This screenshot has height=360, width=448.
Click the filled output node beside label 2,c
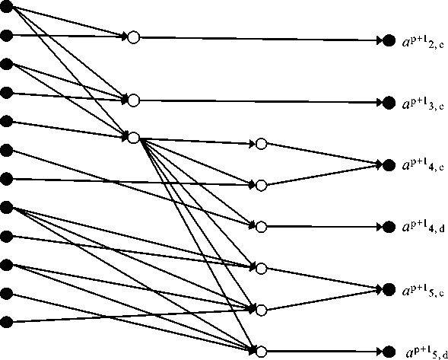(389, 40)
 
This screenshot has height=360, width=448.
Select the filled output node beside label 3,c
(389, 102)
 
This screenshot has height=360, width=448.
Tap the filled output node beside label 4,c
(389, 165)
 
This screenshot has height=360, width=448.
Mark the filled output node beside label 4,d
(389, 227)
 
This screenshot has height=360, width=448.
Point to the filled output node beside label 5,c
(389, 289)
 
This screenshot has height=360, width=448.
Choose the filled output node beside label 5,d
(389, 352)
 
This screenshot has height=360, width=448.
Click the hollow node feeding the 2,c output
(133, 37)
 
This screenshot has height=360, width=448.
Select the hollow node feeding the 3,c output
(133, 100)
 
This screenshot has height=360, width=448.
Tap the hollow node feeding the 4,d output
(261, 227)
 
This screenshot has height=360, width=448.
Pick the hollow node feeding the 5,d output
(261, 352)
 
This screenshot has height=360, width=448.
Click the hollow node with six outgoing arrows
(133, 138)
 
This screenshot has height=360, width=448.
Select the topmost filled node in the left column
(6, 7)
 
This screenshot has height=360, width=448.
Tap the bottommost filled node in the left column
(6, 322)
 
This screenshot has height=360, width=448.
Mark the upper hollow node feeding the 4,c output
(261, 144)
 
